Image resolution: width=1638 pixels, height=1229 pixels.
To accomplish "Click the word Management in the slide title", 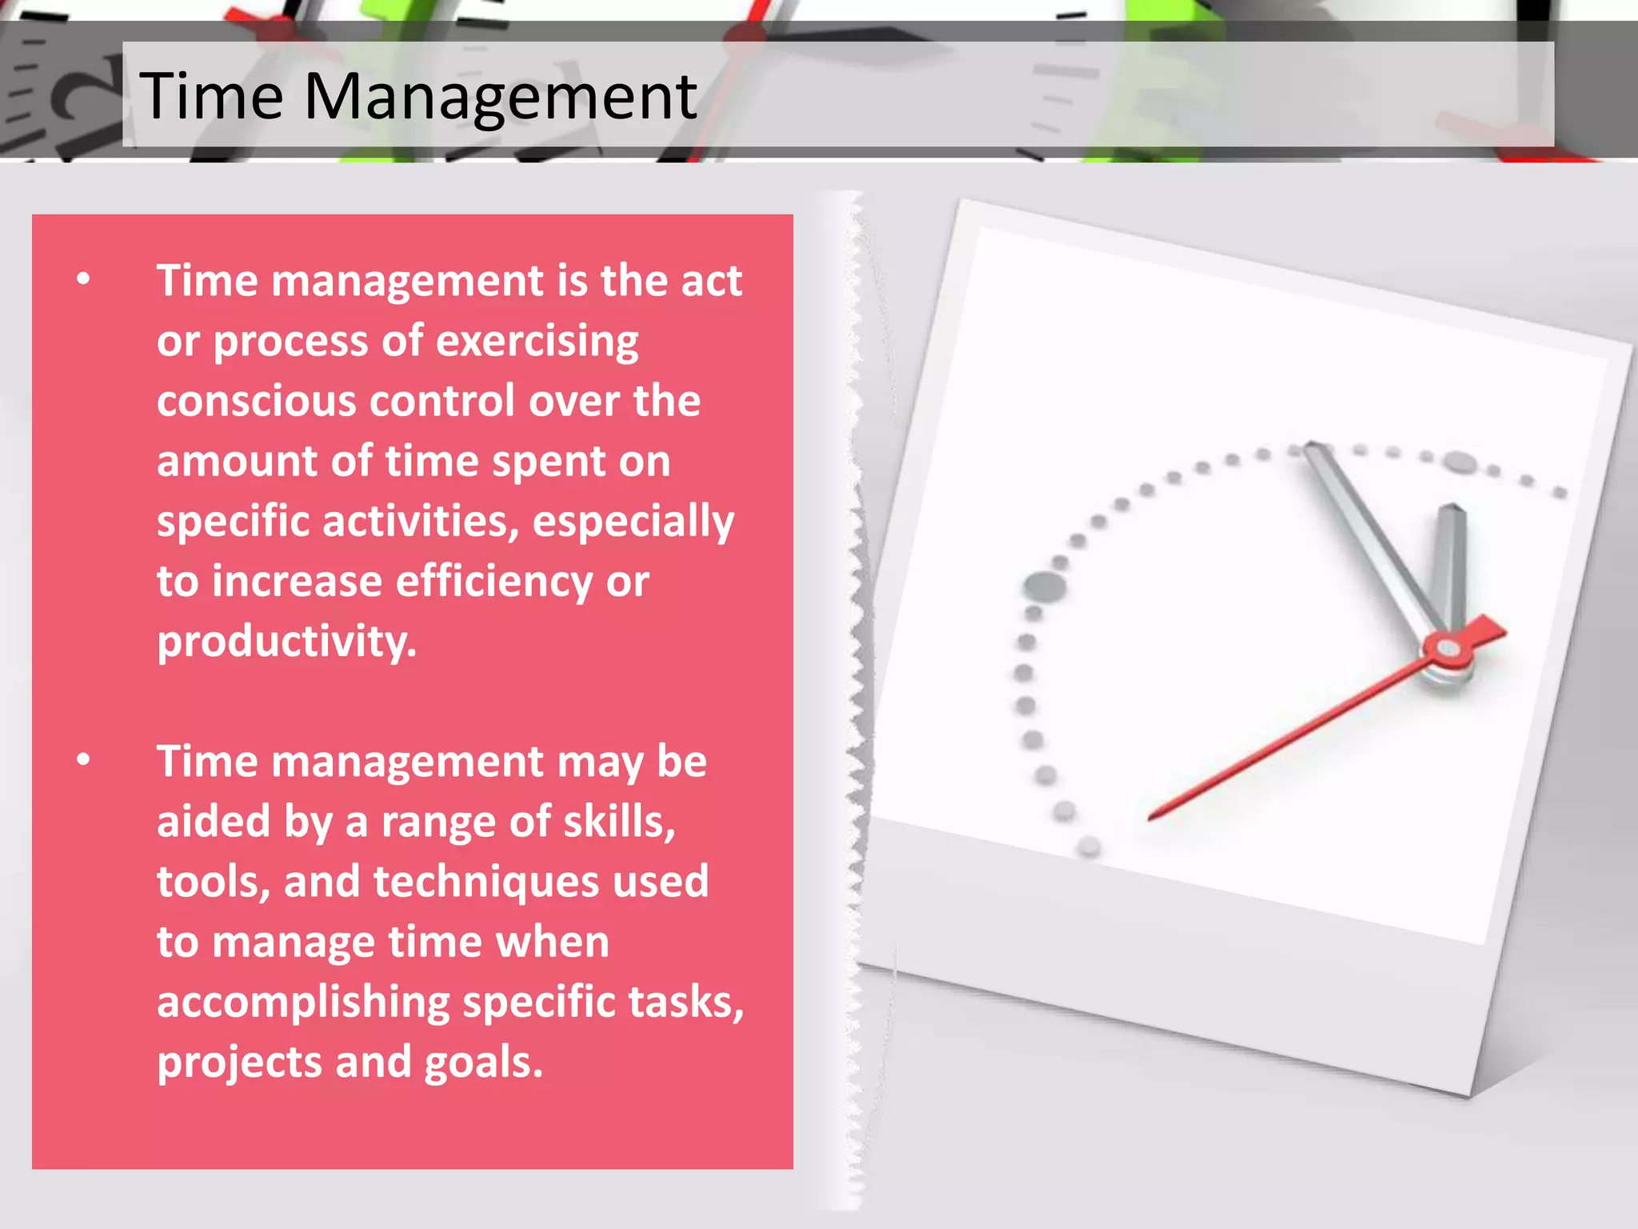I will point(500,96).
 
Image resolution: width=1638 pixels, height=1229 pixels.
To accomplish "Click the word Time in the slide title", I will point(211,96).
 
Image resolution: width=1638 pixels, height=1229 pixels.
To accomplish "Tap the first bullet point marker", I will point(84,279).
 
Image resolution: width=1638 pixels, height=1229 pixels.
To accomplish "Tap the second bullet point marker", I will point(84,760).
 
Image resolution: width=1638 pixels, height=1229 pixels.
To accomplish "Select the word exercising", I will point(537,342).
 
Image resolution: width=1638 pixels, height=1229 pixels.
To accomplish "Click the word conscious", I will point(256,401).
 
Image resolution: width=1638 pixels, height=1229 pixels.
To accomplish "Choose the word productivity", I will point(286,642).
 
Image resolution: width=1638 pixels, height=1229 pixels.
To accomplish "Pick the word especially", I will point(633,522).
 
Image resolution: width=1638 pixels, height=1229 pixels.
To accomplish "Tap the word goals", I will point(483,1063).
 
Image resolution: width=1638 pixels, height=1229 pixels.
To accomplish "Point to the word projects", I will point(239,1063).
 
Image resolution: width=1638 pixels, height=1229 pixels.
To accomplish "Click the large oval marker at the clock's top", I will point(1460,462).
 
